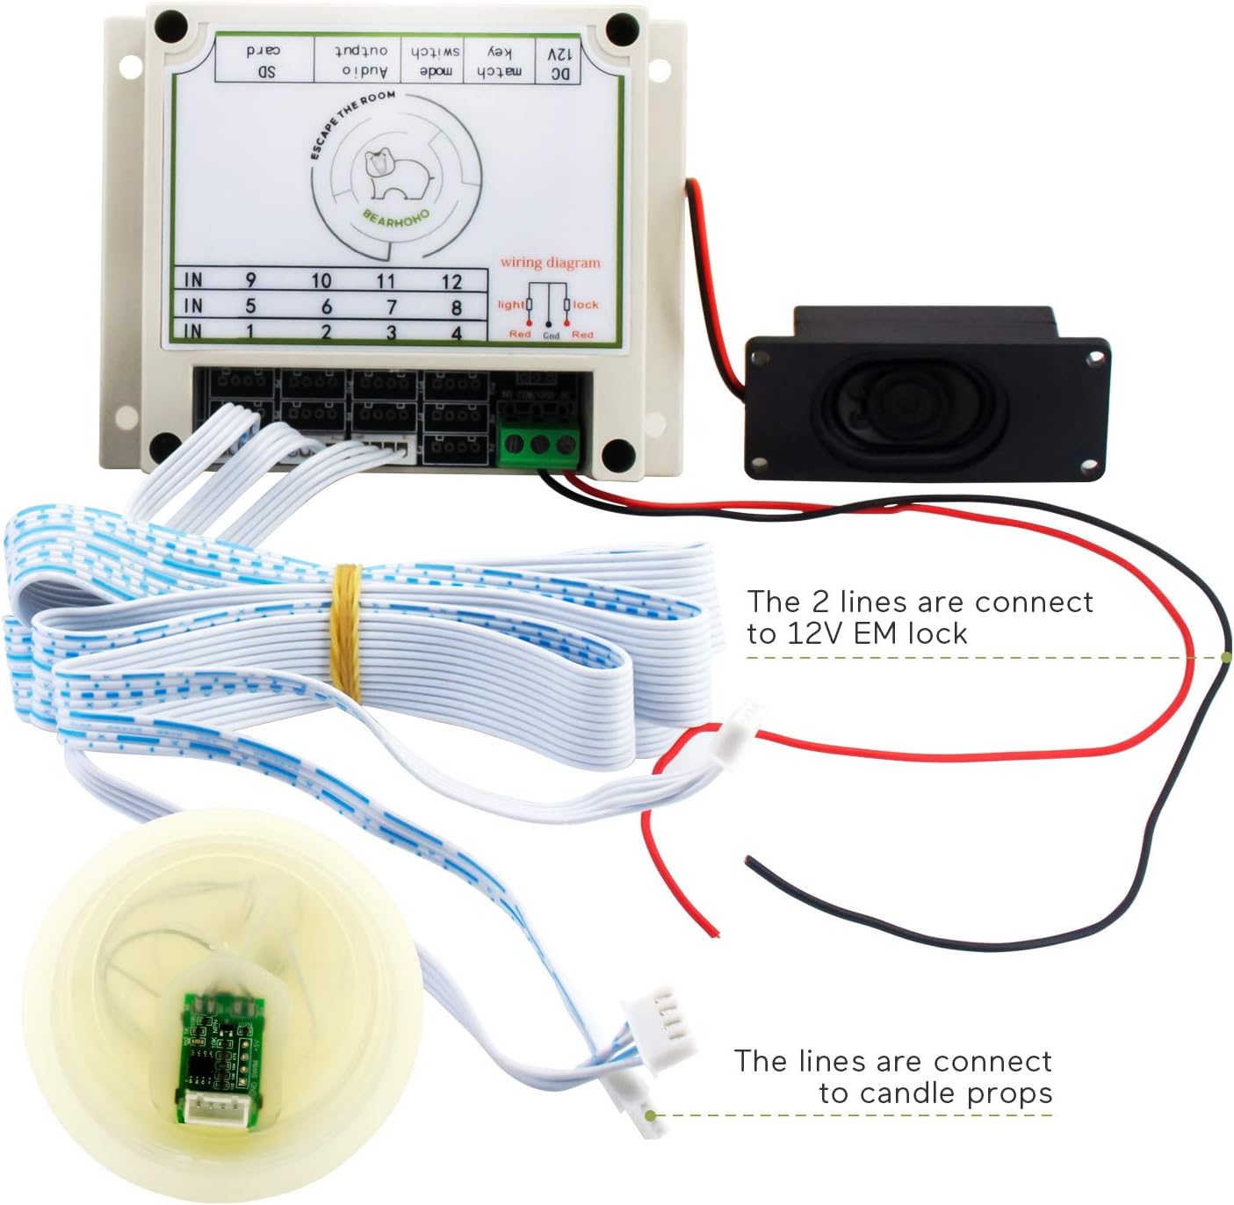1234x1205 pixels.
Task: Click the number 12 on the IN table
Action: tap(451, 282)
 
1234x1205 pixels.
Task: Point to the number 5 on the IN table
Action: tap(250, 307)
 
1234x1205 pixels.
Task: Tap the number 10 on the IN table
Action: tap(321, 281)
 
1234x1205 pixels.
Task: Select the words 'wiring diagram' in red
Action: tap(551, 262)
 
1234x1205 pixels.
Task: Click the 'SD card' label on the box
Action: tap(264, 61)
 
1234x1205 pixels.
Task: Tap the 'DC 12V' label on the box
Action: tap(560, 63)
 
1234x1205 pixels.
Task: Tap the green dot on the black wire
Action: tap(1226, 657)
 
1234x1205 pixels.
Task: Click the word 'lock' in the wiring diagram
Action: tap(586, 305)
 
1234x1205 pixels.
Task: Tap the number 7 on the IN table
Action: tap(392, 307)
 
